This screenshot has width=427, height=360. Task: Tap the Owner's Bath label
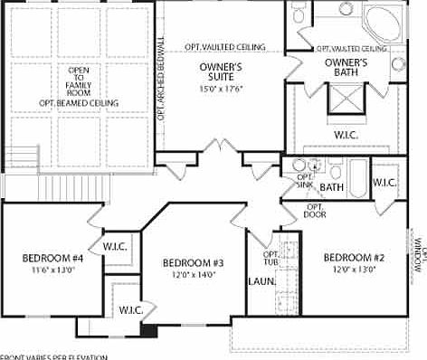(346, 68)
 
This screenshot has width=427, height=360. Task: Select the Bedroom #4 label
(52, 259)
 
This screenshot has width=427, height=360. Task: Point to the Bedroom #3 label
(193, 263)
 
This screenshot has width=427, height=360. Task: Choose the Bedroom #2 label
(354, 258)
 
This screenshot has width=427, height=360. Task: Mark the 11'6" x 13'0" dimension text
(52, 270)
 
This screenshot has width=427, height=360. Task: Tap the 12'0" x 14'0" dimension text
(193, 275)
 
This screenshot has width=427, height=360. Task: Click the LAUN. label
(261, 280)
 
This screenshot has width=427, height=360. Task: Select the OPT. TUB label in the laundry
(270, 258)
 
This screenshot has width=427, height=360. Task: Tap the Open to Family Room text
(79, 81)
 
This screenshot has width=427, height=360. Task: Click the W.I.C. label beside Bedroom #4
(114, 246)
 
